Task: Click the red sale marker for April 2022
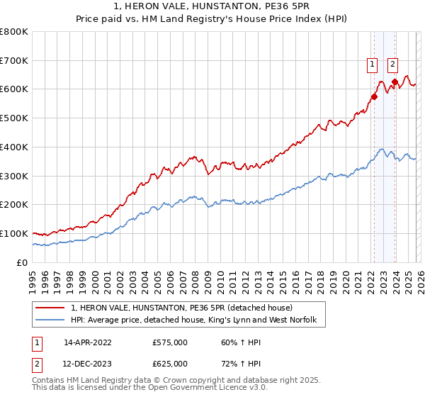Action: coord(374,96)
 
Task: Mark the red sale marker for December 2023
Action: coord(395,82)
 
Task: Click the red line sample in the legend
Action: coord(51,308)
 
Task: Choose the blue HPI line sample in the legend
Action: coord(51,320)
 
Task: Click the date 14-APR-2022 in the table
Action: coord(87,342)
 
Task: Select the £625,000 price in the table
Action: coord(170,364)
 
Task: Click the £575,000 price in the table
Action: coord(170,342)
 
